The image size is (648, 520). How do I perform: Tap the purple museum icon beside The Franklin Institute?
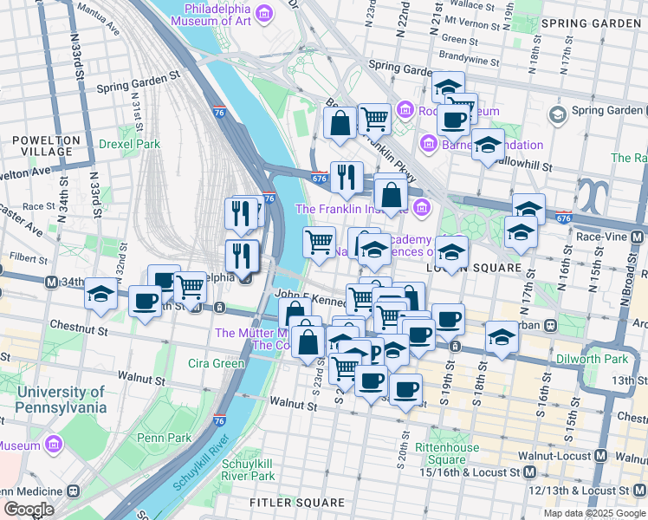422,208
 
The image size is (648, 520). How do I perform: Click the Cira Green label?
216,363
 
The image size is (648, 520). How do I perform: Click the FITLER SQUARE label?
286,503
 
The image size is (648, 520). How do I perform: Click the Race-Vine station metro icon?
638,236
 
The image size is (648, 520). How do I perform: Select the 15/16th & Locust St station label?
469,472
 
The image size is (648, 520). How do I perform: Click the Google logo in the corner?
28,510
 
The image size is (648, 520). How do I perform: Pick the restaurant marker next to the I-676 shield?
346,177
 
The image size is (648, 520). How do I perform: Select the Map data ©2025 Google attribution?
593,513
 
